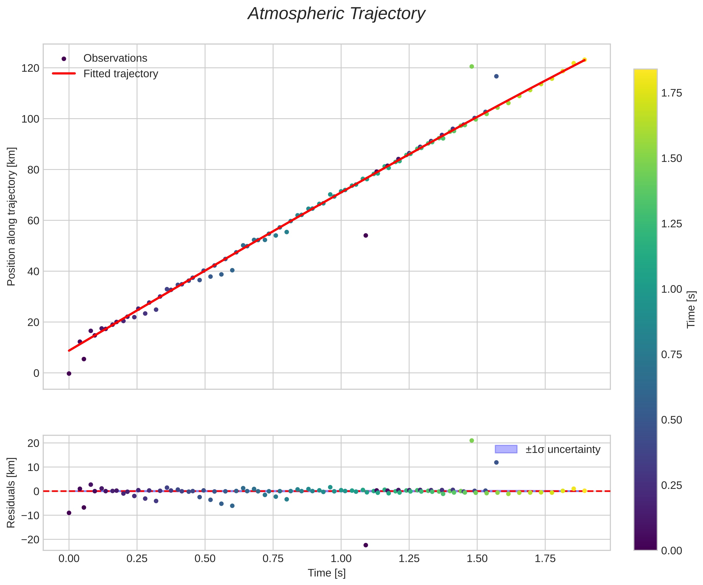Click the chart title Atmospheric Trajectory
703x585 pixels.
pyautogui.click(x=336, y=14)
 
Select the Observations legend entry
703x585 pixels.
pyautogui.click(x=115, y=58)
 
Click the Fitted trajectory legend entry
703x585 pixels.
pyautogui.click(x=120, y=74)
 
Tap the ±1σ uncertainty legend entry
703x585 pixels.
pyautogui.click(x=563, y=449)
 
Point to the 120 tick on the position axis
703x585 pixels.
pyautogui.click(x=30, y=68)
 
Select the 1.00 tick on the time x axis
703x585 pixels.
pyautogui.click(x=341, y=559)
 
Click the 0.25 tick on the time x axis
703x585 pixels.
pyautogui.click(x=137, y=559)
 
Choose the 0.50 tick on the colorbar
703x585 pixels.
pyautogui.click(x=671, y=420)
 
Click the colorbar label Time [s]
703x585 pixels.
pyautogui.click(x=691, y=310)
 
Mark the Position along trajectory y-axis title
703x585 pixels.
pyautogui.click(x=11, y=216)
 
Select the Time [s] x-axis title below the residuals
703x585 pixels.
pyautogui.click(x=327, y=573)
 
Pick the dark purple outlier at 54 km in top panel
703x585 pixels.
pyautogui.click(x=366, y=235)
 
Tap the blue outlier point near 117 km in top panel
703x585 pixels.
pyautogui.click(x=496, y=76)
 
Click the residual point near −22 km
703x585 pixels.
pyautogui.click(x=366, y=545)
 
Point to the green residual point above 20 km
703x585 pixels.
pyautogui.click(x=472, y=440)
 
